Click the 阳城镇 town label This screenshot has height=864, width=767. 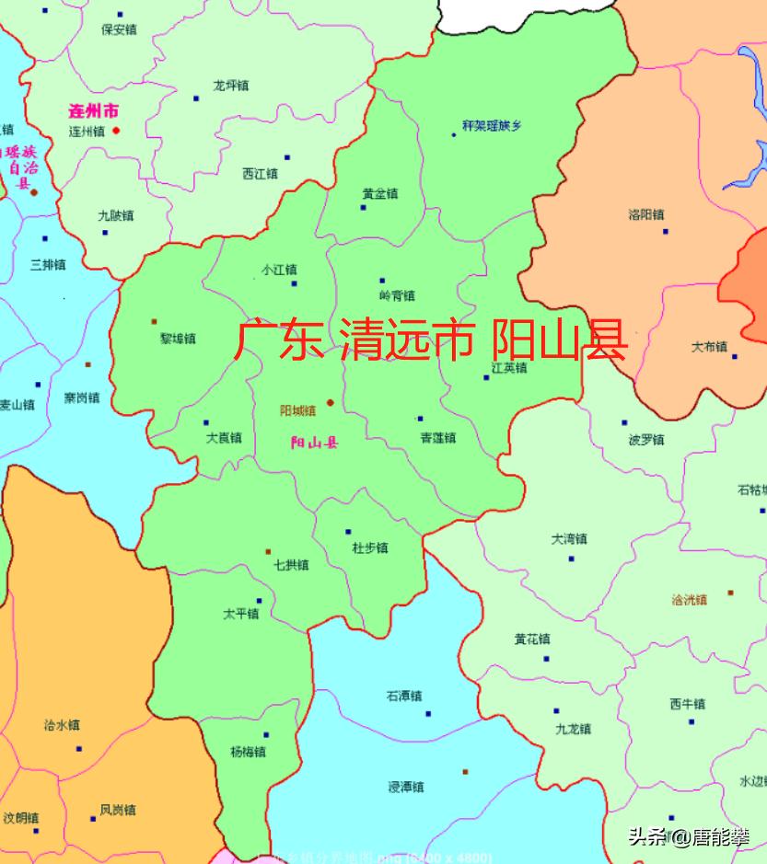click(297, 411)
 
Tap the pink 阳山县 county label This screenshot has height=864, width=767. click(314, 444)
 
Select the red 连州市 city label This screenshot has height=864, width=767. click(94, 111)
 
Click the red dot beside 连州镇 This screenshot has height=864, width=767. click(116, 131)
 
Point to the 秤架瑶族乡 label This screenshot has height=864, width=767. click(492, 125)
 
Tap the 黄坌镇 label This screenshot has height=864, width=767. click(379, 194)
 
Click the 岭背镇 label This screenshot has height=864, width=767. click(397, 295)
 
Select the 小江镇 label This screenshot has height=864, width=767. click(279, 271)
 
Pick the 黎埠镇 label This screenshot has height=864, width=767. click(178, 339)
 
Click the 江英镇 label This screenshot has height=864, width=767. click(508, 368)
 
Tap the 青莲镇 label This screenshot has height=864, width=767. click(437, 438)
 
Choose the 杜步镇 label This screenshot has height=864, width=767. click(370, 548)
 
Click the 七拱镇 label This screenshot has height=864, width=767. click(291, 565)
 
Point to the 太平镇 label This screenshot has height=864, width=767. click(241, 614)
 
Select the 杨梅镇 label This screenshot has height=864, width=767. click(249, 752)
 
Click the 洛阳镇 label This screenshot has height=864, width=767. click(646, 214)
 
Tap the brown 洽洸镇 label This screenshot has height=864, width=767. click(690, 600)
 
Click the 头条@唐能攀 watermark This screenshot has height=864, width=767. click(689, 836)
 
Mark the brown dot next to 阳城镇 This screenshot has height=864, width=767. click(330, 403)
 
